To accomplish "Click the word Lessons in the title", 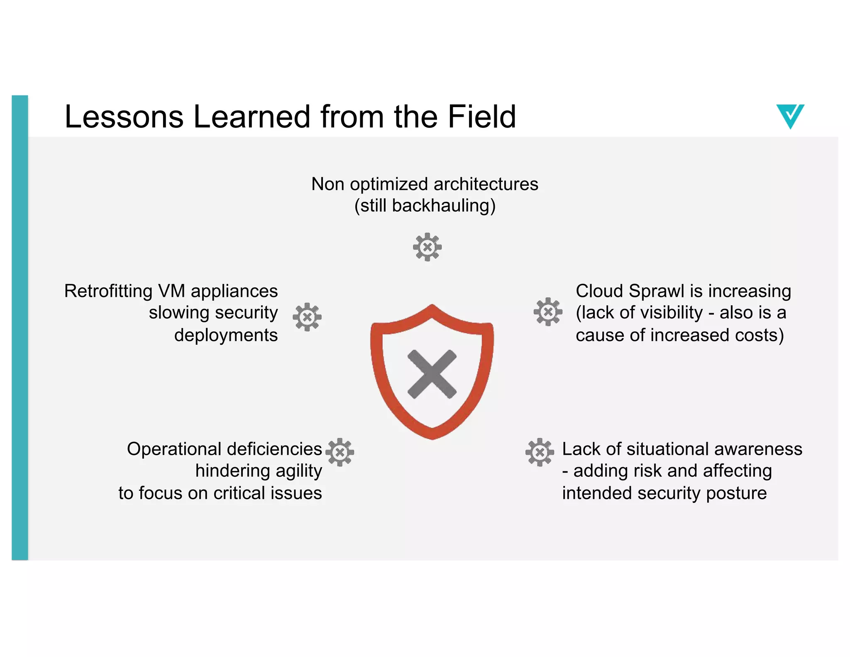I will tap(124, 117).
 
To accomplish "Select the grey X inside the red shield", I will tap(432, 374).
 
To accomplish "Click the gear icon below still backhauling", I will tap(427, 247).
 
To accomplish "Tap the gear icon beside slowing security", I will tap(307, 317).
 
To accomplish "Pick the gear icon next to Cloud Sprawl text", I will tap(548, 311).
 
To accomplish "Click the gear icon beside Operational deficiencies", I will tap(340, 452).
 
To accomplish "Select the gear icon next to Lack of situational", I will tap(540, 452).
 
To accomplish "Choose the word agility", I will tap(298, 471).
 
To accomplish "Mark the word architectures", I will tap(486, 184).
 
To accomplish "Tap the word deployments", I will tap(226, 335).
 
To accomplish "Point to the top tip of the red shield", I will tap(432, 306).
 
